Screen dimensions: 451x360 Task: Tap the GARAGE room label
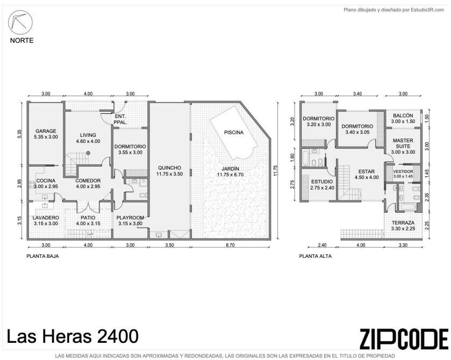click(46, 131)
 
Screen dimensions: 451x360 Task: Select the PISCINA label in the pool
click(234, 133)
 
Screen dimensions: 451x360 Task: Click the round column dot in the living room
click(89, 153)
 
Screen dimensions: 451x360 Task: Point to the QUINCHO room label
click(170, 168)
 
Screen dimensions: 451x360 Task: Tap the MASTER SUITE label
click(403, 143)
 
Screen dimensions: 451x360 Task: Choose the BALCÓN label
click(403, 116)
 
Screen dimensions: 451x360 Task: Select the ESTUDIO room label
click(322, 182)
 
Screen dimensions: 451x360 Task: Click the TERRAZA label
click(403, 223)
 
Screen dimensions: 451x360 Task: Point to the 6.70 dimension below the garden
click(231, 245)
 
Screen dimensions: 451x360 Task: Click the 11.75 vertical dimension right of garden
click(275, 170)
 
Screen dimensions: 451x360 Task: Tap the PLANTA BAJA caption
click(42, 256)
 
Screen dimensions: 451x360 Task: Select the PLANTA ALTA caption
click(316, 256)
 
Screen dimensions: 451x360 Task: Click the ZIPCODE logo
click(404, 339)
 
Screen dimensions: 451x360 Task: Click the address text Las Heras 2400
click(73, 336)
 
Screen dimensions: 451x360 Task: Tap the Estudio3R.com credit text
click(427, 10)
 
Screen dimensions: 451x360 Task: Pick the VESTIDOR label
click(403, 171)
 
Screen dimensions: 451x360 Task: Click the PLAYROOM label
click(130, 218)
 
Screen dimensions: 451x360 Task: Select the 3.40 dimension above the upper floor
click(357, 93)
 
